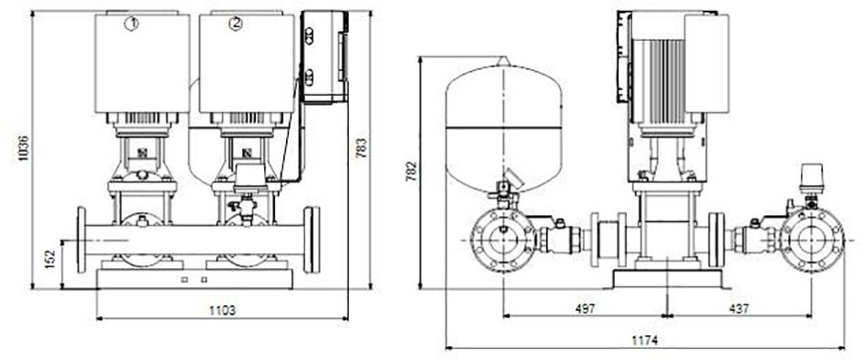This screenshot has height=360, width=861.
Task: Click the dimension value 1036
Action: click(23, 148)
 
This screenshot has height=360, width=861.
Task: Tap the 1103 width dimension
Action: click(222, 311)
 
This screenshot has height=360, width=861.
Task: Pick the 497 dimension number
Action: click(585, 309)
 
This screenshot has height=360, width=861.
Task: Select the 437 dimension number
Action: click(739, 309)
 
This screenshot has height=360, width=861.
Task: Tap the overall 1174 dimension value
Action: click(645, 341)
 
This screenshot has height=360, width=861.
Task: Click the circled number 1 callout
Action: click(131, 24)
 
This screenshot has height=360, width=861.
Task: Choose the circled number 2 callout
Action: click(236, 24)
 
